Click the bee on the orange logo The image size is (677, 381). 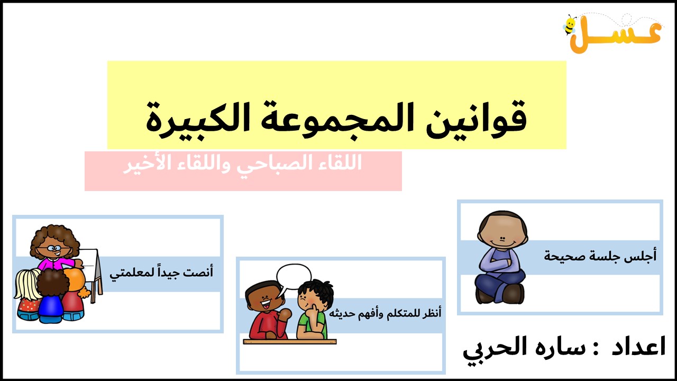point(570,25)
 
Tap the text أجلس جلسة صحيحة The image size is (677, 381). point(600,256)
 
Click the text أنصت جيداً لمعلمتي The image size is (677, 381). point(161,273)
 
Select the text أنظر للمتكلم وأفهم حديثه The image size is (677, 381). point(385,313)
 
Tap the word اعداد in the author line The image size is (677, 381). point(638,346)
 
